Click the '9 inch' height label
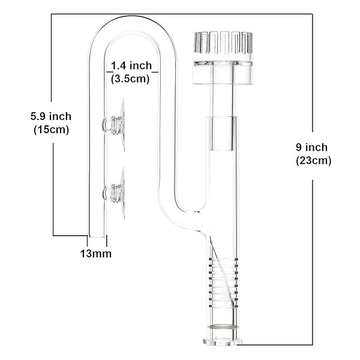click(313, 148)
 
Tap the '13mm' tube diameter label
click(95, 253)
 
